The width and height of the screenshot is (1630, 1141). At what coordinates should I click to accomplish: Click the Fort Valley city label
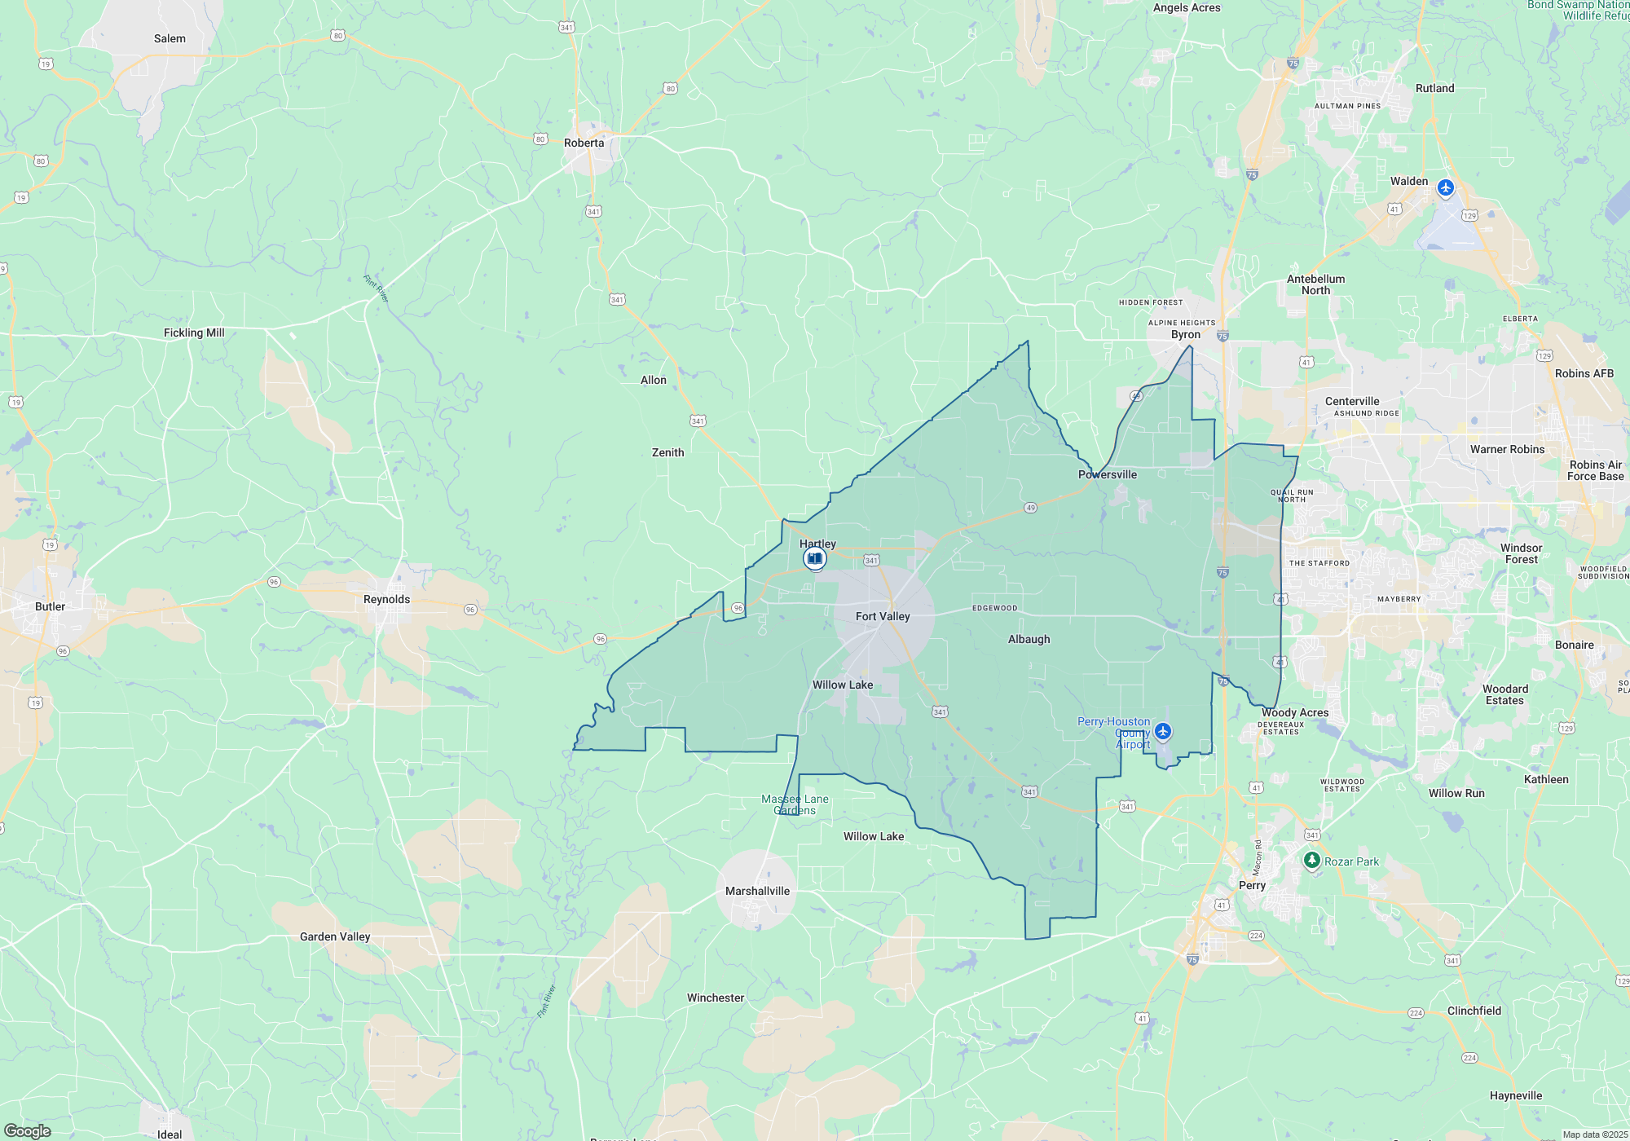(x=883, y=616)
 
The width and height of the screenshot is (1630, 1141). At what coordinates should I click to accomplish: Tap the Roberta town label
(x=584, y=143)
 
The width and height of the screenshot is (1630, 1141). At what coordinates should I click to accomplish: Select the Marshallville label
(x=757, y=891)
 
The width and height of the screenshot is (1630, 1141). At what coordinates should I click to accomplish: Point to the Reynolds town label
(x=386, y=599)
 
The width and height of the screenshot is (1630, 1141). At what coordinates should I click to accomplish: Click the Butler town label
(x=50, y=606)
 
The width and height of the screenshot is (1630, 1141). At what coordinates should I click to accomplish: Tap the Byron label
(x=1185, y=334)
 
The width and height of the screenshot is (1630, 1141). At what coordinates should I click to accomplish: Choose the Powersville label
(x=1107, y=474)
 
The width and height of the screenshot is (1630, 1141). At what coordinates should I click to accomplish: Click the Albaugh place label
(x=1029, y=639)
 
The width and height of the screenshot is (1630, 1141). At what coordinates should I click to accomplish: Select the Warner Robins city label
(x=1507, y=449)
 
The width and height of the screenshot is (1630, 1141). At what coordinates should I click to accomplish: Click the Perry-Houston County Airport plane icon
(x=1163, y=731)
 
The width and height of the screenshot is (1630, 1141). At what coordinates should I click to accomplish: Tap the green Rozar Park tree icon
(x=1311, y=860)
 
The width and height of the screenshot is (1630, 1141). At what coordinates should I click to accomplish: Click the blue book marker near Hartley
(x=814, y=558)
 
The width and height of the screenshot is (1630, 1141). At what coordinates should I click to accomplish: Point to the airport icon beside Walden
(x=1445, y=188)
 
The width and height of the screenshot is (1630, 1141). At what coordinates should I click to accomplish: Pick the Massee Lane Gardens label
(x=795, y=804)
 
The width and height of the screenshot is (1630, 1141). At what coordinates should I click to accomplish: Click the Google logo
(x=28, y=1131)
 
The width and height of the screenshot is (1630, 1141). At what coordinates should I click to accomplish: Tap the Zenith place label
(x=667, y=452)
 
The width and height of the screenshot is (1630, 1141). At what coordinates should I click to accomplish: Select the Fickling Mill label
(x=194, y=333)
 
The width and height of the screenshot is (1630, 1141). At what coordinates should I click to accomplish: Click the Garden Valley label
(x=335, y=936)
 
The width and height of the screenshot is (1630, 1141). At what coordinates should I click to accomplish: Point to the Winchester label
(x=716, y=998)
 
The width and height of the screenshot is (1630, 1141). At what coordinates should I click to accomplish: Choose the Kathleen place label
(x=1546, y=779)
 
